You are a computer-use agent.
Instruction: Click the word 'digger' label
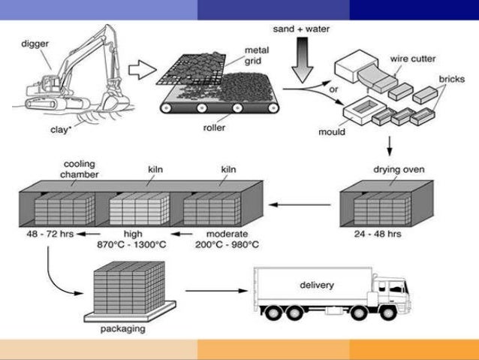tap(35, 44)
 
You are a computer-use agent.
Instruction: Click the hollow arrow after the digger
tap(139, 72)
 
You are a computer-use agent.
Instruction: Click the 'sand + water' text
tap(302, 30)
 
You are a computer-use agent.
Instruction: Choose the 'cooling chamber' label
tap(80, 167)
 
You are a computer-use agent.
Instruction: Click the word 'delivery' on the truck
tap(318, 286)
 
